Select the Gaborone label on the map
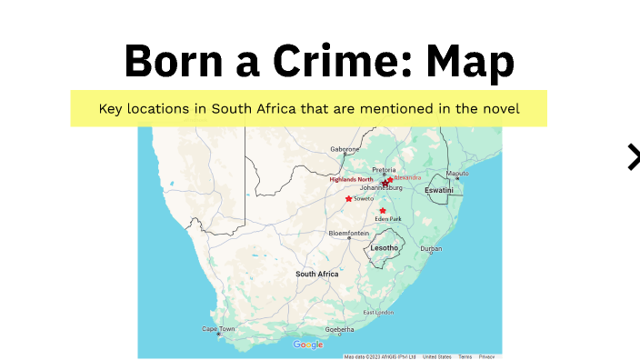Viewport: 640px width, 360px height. [345, 149]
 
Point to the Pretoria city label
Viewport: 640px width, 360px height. [385, 170]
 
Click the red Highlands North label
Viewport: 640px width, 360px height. [351, 179]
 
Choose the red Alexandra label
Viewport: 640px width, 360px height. [407, 177]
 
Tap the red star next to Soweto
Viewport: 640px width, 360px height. [348, 198]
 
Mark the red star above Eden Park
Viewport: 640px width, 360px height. [383, 211]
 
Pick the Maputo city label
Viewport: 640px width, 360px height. [457, 173]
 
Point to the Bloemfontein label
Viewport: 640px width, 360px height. [349, 234]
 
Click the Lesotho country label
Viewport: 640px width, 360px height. [385, 247]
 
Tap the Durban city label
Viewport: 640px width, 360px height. [431, 248]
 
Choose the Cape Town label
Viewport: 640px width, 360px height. [218, 328]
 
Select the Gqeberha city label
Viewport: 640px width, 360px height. [339, 329]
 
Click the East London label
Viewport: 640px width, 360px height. [379, 312]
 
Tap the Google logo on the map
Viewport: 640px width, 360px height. [308, 345]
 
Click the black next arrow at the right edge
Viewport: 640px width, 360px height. [633, 156]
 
